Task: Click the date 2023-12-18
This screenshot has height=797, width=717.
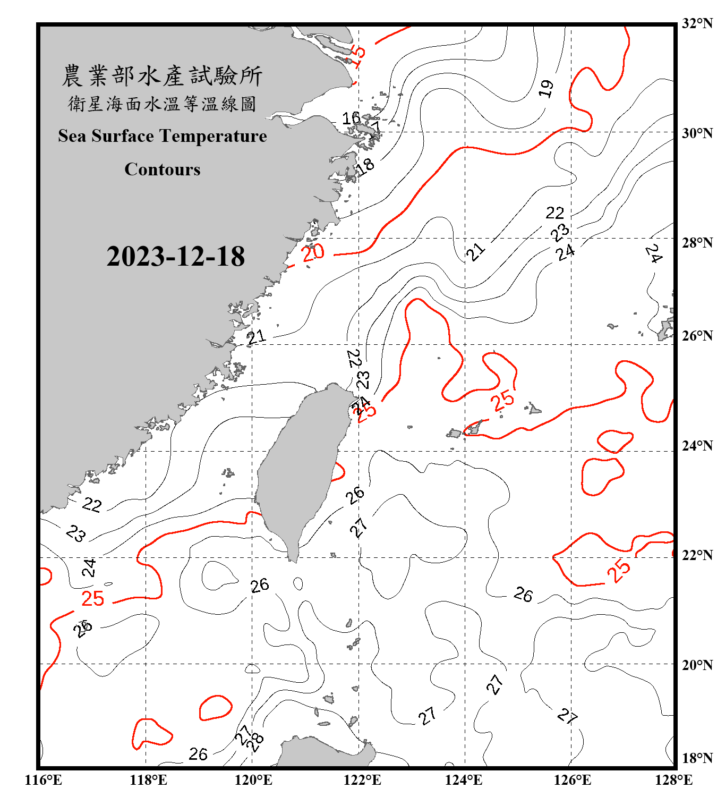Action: tap(175, 256)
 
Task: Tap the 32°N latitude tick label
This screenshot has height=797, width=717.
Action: tap(697, 23)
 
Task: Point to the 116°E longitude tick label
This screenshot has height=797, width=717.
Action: tap(43, 780)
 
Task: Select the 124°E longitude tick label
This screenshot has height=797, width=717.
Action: tap(464, 780)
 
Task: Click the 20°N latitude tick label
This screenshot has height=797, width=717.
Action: tap(697, 665)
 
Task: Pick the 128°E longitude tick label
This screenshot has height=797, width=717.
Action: tap(673, 780)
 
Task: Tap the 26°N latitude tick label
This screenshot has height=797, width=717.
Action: tap(697, 336)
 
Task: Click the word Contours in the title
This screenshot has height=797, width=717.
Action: tap(163, 169)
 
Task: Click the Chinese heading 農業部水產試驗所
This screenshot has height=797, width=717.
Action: tap(162, 76)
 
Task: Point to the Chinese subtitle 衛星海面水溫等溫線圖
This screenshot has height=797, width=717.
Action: tap(162, 104)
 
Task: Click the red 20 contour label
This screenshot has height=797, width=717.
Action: tap(313, 252)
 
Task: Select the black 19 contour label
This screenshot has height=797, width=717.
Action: tap(546, 88)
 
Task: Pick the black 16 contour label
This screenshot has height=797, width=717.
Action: tap(351, 118)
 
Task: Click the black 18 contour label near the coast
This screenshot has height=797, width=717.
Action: tap(365, 166)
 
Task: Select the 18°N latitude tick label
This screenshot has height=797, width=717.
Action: tap(697, 758)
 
